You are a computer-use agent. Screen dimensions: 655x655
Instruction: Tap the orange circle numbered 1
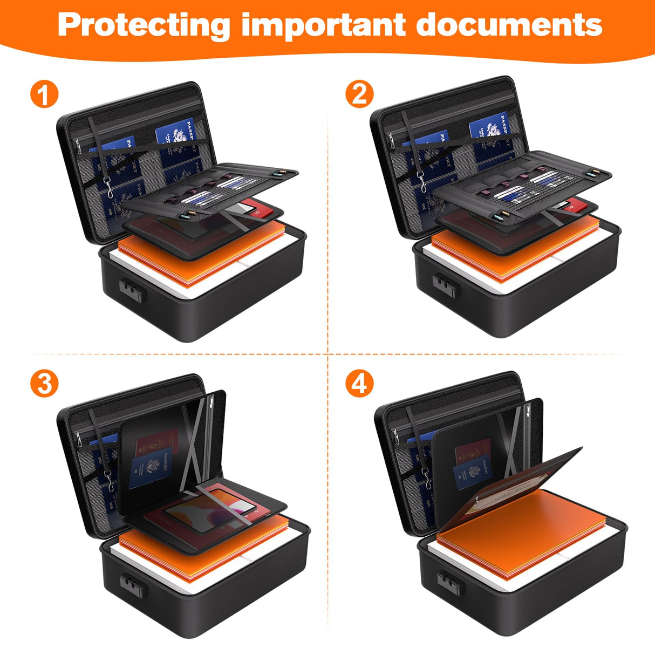click(x=44, y=94)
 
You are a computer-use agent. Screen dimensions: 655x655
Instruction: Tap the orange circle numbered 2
click(x=359, y=94)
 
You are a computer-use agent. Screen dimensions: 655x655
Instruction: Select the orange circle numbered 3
click(x=44, y=384)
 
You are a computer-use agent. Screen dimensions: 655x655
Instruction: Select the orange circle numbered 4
click(x=359, y=384)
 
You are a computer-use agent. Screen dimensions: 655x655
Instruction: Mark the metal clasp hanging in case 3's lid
click(x=111, y=480)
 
